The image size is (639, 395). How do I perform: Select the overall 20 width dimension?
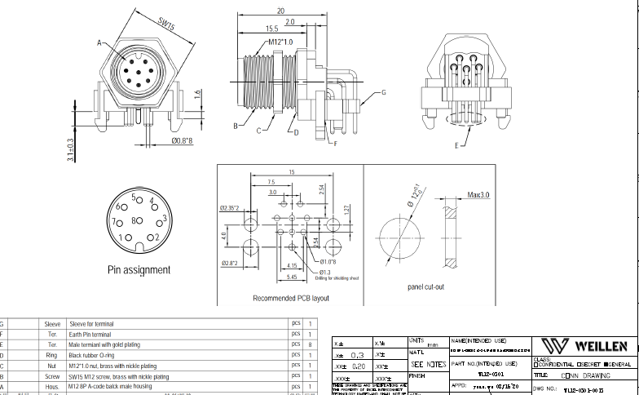pyautogui.click(x=280, y=11)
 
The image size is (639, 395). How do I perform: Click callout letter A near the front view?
pyautogui.click(x=99, y=42)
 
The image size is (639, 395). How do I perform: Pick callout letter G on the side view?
pyautogui.click(x=382, y=93)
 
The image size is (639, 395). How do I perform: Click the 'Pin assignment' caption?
pyautogui.click(x=139, y=269)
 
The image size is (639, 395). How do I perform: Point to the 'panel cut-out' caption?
pyautogui.click(x=425, y=287)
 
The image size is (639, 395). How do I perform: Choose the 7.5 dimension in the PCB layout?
pyautogui.click(x=271, y=181)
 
